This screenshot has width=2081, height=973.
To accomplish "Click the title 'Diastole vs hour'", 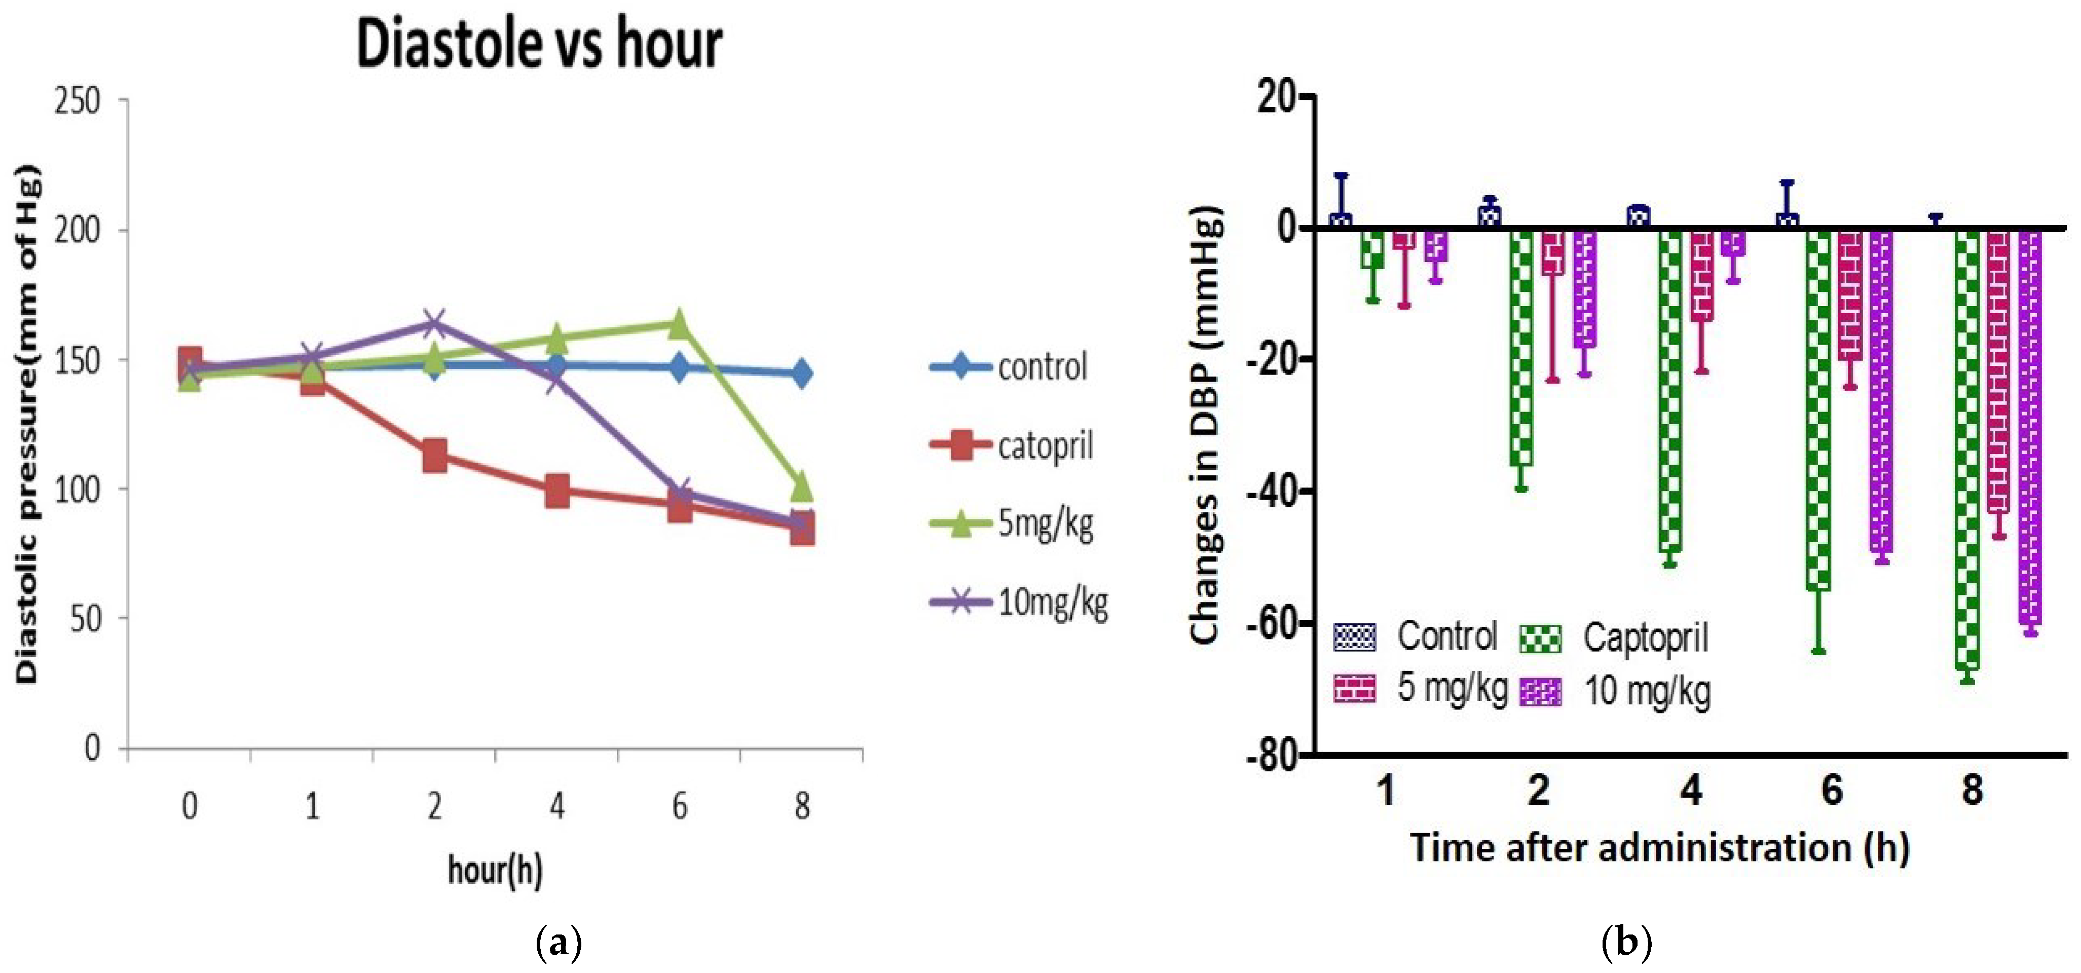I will (x=540, y=45).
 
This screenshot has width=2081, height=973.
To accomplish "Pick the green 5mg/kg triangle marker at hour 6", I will (x=679, y=324).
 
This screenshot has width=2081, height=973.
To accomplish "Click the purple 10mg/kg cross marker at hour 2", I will (x=435, y=324).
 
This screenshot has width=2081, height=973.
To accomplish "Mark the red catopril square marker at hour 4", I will (x=556, y=490).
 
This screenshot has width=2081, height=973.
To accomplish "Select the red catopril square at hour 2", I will (x=435, y=456).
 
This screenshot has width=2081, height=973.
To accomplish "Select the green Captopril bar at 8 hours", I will (x=1967, y=448).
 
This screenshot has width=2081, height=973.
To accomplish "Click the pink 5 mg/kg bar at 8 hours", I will (x=1998, y=371).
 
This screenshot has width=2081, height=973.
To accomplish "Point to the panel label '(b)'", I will (x=1626, y=942).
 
